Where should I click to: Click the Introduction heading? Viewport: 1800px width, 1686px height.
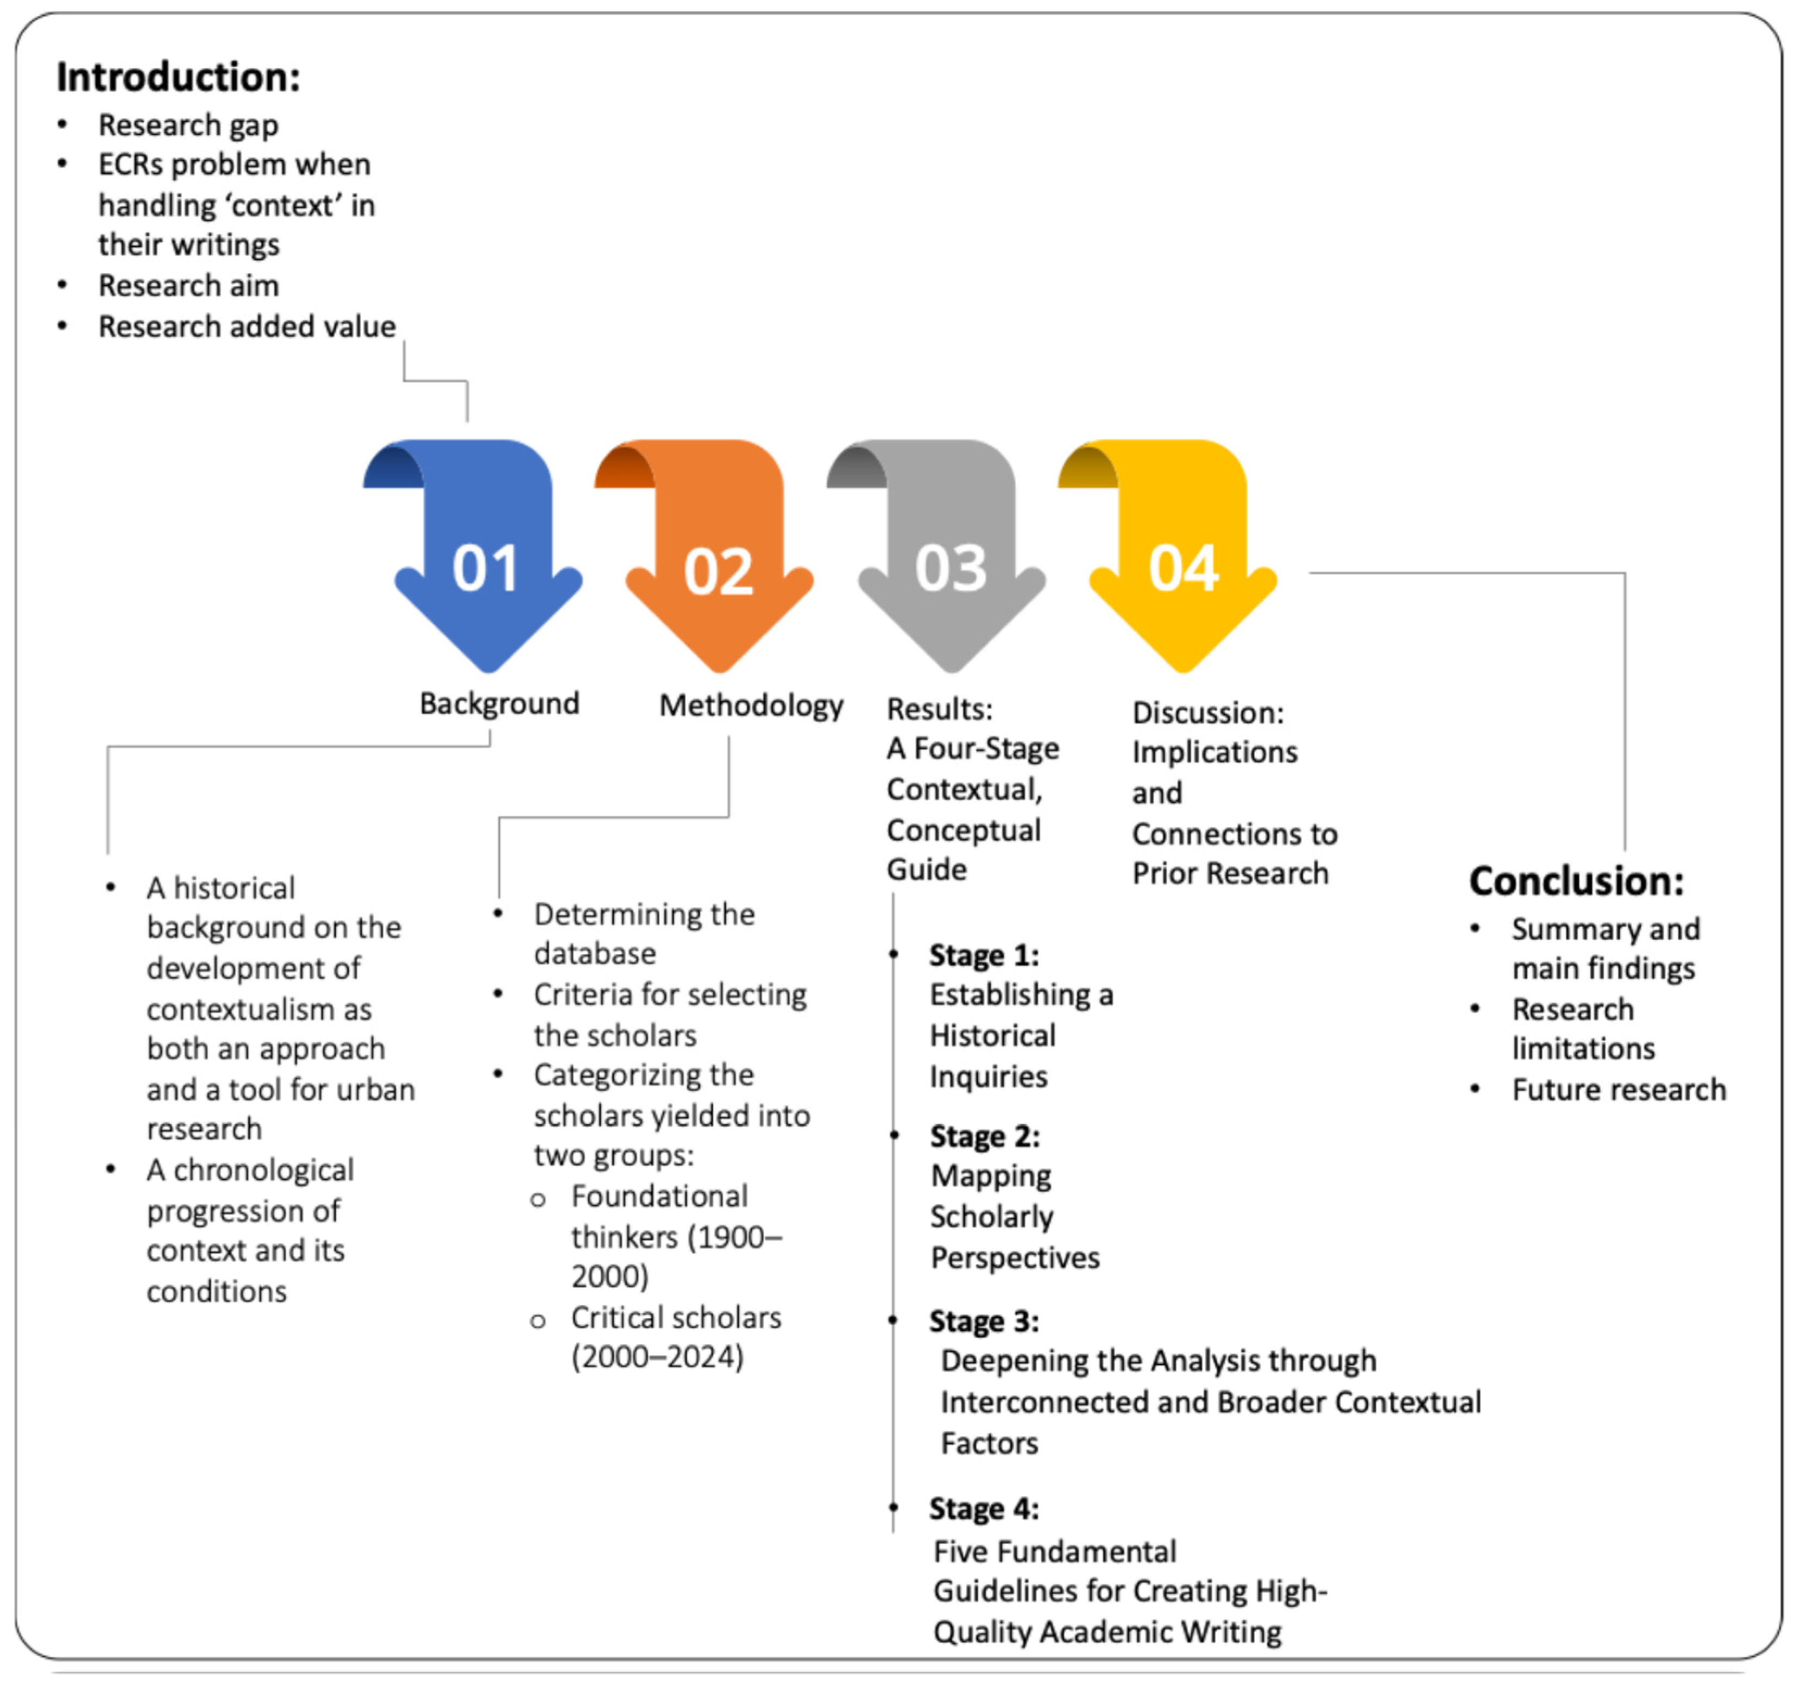pos(178,77)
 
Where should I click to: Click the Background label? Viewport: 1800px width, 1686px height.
pos(499,703)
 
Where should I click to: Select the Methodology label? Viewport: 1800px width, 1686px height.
pos(751,706)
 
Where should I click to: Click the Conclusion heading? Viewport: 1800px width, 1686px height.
pos(1576,881)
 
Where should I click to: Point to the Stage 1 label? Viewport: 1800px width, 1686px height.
pos(983,955)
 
